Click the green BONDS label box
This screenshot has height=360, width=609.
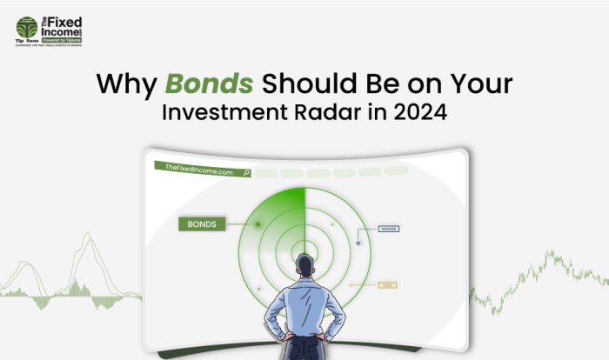pos(203,223)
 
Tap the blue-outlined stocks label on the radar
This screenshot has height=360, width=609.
pos(389,229)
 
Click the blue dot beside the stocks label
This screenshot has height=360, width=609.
pos(358,243)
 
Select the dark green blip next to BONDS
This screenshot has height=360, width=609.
pos(258,224)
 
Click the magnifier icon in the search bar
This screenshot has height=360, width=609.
pos(247,173)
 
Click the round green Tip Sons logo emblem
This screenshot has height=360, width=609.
pos(26,27)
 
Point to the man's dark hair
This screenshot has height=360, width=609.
pos(304,262)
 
